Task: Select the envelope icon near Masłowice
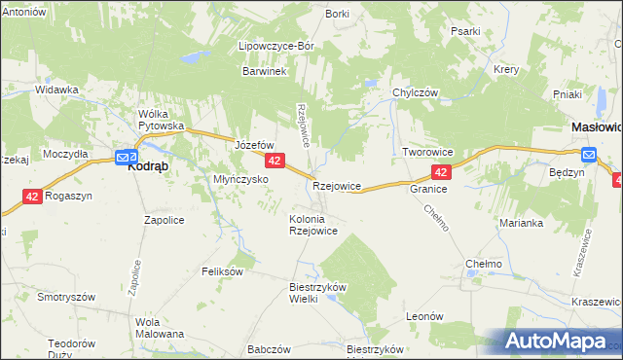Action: (x=588, y=154)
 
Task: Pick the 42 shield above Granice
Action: (x=441, y=172)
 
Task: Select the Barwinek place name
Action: (x=263, y=71)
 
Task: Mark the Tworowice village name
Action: (x=430, y=153)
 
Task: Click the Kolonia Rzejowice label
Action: (x=312, y=225)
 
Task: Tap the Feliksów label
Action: (x=221, y=271)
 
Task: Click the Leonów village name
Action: (x=424, y=316)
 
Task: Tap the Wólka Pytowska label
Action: (x=161, y=120)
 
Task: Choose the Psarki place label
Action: (x=465, y=31)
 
